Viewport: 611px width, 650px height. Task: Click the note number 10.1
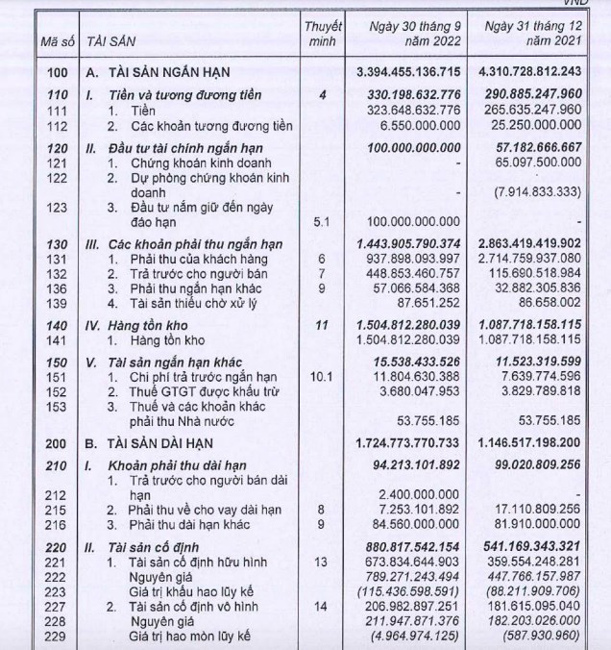(x=322, y=378)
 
